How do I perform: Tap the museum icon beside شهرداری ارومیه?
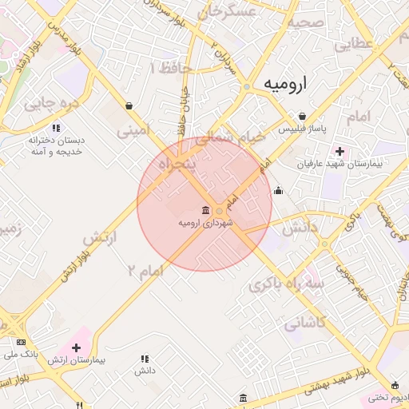pyautogui.click(x=207, y=211)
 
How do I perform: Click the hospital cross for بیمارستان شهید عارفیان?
pyautogui.click(x=340, y=151)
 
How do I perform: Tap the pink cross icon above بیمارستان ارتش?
pyautogui.click(x=76, y=347)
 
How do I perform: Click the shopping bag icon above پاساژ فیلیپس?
pyautogui.click(x=302, y=116)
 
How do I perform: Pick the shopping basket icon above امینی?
pyautogui.click(x=129, y=105)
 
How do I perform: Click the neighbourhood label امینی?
pyautogui.click(x=134, y=128)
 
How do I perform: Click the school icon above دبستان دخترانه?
pyautogui.click(x=55, y=128)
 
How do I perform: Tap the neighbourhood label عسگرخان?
pyautogui.click(x=230, y=12)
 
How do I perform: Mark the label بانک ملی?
pyautogui.click(x=22, y=352)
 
